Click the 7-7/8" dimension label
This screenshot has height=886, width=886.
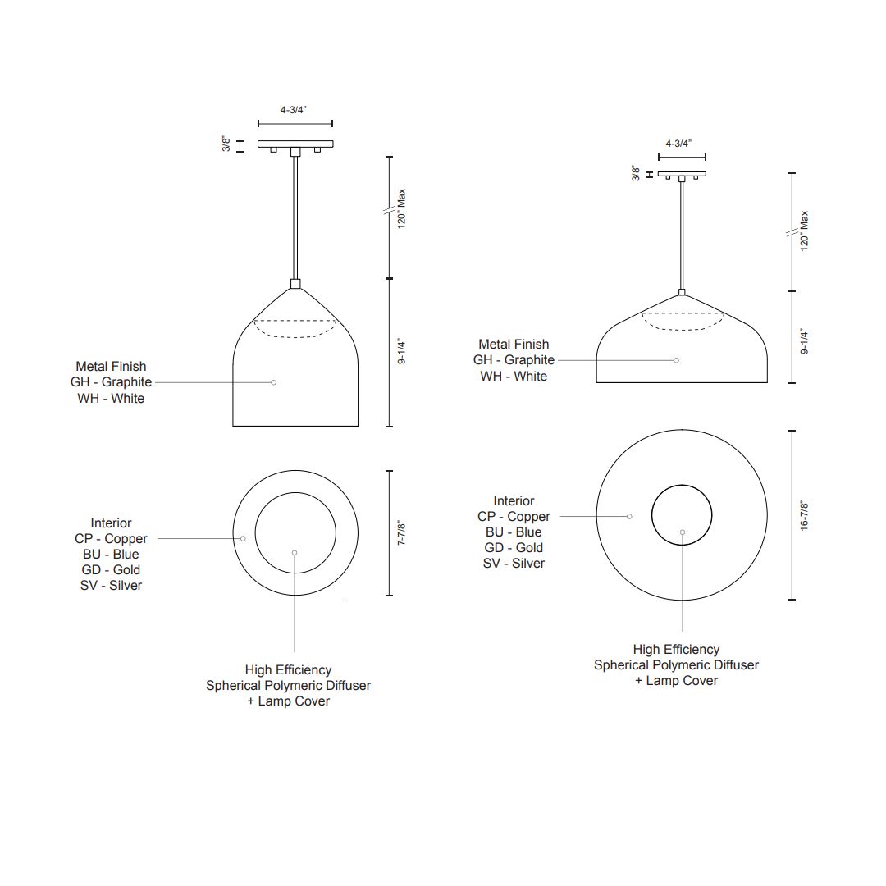401,532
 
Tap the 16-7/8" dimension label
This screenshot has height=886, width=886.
804,514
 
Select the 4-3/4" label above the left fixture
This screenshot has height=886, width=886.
293,110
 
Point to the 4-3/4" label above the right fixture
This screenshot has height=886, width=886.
678,144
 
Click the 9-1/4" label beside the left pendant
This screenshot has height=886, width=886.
401,351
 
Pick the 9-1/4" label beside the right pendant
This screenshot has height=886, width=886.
804,341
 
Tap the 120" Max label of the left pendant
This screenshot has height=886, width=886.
401,208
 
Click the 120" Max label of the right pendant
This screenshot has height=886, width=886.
804,231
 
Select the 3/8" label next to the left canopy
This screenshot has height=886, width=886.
226,144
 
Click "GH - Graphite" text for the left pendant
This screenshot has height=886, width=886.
112,382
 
